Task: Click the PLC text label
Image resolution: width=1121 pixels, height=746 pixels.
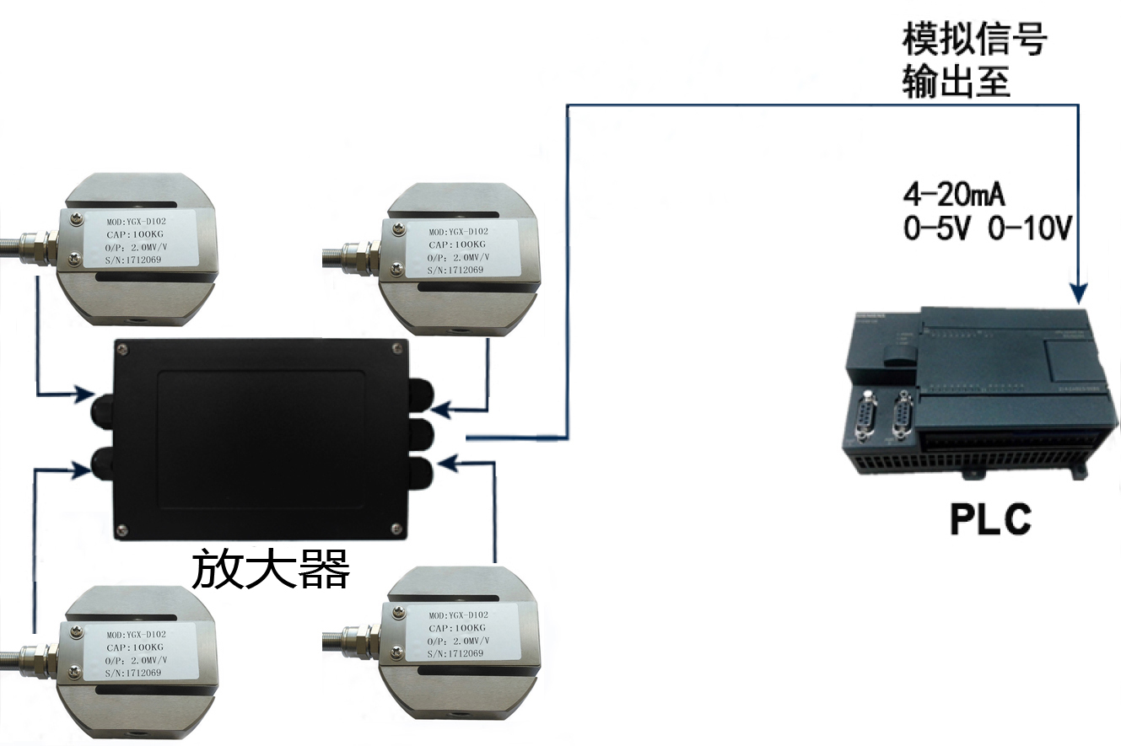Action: [x=990, y=520]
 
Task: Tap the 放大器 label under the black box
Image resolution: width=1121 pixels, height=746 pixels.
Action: [x=270, y=571]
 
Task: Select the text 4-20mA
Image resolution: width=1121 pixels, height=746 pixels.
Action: [x=954, y=196]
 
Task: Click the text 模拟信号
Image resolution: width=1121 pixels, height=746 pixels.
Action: [x=974, y=40]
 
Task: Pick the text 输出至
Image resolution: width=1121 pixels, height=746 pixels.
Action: [x=957, y=83]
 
